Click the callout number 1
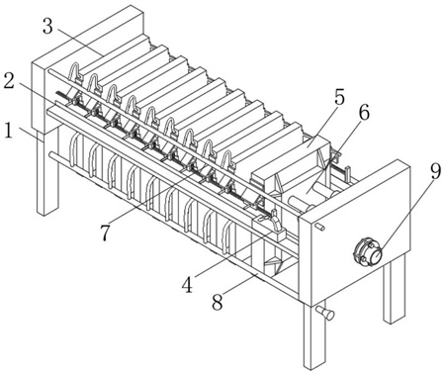click(x=9, y=131)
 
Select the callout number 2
click(x=9, y=81)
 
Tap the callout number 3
click(x=47, y=27)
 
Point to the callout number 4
click(x=187, y=285)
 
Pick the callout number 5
click(x=339, y=98)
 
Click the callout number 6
click(x=364, y=113)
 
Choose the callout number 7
click(x=105, y=234)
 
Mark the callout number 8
click(x=217, y=302)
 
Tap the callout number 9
click(x=435, y=171)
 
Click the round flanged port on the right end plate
click(x=368, y=251)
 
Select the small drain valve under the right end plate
click(x=325, y=313)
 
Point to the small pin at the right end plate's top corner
click(x=320, y=227)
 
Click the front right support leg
click(x=312, y=334)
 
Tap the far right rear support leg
click(x=394, y=290)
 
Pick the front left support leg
click(x=46, y=171)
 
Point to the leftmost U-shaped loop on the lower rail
click(x=75, y=150)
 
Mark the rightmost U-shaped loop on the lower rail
click(x=227, y=236)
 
